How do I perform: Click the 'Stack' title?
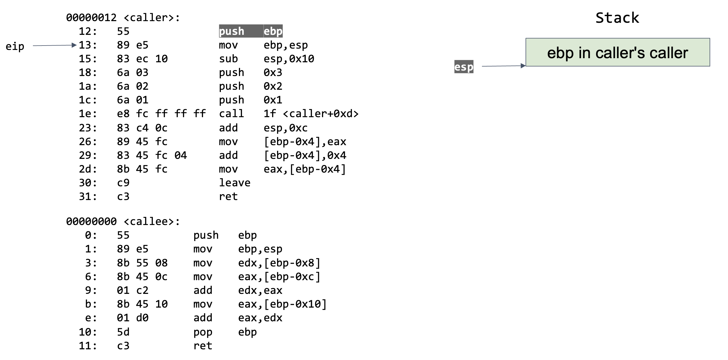click(617, 18)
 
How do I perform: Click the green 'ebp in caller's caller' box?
click(617, 53)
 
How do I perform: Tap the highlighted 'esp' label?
click(464, 67)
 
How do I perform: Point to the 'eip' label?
click(15, 46)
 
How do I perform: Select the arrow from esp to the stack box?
click(503, 66)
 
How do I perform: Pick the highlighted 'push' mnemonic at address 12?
click(232, 31)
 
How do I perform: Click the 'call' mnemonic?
click(231, 114)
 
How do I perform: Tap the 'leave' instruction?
click(235, 183)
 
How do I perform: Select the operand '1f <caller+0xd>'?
click(311, 114)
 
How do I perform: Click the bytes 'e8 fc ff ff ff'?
click(161, 114)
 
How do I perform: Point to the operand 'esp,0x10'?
click(289, 59)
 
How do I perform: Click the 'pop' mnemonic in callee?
click(203, 332)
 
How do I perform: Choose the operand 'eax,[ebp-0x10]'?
click(282, 304)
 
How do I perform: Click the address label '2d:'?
click(88, 169)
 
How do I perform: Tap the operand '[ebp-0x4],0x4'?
click(305, 155)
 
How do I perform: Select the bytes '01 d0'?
click(132, 318)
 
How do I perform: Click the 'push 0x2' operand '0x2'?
click(273, 86)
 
